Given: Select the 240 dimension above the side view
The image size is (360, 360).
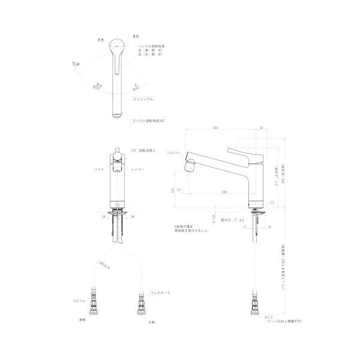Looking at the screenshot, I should tap(214, 128).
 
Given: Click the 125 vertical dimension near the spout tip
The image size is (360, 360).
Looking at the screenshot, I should tap(173, 191).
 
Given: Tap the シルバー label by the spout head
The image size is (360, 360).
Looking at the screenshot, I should tap(173, 154).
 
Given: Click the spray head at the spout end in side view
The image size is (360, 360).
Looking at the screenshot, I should tap(191, 164).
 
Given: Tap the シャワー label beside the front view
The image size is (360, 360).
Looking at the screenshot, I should tap(137, 170).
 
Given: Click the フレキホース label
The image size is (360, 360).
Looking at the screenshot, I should tap(159, 293).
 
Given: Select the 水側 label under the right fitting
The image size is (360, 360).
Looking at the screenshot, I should tap(151, 323).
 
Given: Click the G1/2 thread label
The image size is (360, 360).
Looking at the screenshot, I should tap(269, 316).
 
